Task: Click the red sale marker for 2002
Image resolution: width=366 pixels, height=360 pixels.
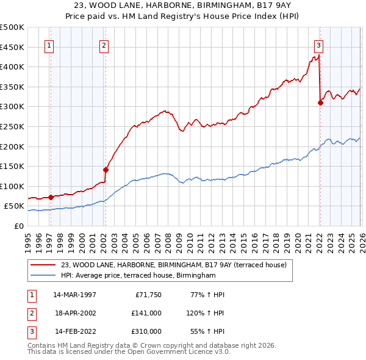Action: click(106, 170)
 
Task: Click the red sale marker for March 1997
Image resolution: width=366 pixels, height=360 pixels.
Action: click(51, 197)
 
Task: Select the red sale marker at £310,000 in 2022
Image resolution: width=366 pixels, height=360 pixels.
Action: click(320, 103)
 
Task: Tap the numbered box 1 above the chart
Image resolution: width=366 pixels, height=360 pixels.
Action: click(49, 45)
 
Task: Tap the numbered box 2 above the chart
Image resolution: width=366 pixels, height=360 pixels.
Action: click(104, 45)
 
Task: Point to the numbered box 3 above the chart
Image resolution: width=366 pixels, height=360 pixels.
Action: click(318, 45)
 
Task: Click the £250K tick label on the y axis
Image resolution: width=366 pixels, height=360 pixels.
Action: click(12, 126)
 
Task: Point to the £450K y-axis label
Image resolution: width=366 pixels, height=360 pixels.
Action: click(12, 47)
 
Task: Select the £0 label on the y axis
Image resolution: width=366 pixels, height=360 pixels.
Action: click(18, 226)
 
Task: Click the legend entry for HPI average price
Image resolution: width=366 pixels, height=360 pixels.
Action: click(138, 275)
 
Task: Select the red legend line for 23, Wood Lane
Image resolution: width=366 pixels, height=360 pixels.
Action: click(43, 264)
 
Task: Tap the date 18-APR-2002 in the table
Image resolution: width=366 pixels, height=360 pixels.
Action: click(74, 313)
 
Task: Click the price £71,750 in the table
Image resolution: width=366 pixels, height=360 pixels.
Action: click(148, 295)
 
